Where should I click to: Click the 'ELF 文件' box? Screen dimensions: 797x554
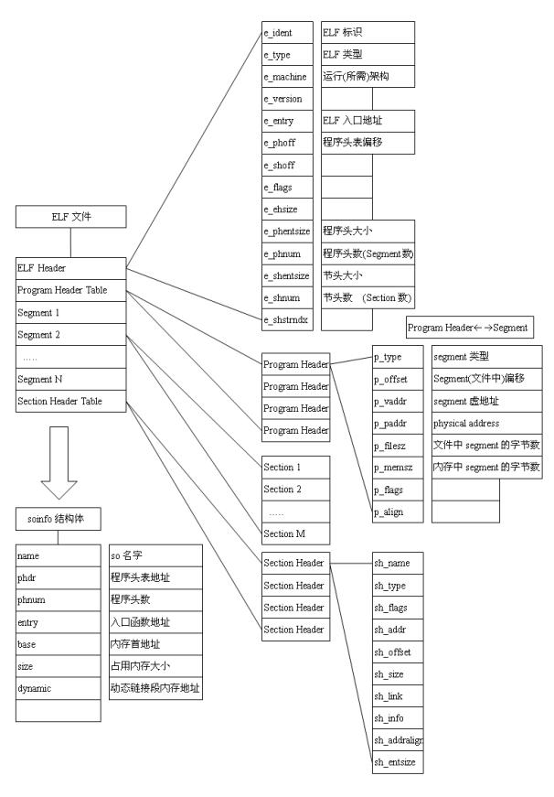tap(69, 217)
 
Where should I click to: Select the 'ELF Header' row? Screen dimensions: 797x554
tap(69, 268)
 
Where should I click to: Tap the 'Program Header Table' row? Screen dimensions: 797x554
tap(69, 290)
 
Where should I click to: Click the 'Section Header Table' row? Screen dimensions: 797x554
tap(69, 400)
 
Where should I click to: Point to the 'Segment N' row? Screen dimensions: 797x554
tap(69, 378)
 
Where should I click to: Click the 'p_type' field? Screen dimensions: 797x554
tap(398, 356)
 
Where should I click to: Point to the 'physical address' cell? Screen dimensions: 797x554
tap(487, 423)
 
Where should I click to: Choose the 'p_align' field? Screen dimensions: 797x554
tap(398, 512)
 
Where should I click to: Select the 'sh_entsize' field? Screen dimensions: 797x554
tap(398, 761)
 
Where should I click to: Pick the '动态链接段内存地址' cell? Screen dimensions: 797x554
tap(153, 688)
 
